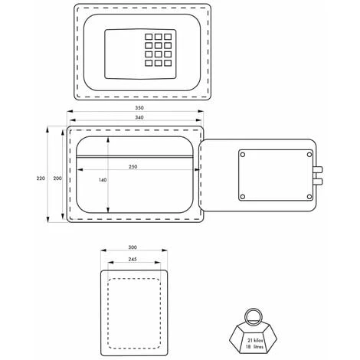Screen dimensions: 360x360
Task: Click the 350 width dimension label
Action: (139, 108)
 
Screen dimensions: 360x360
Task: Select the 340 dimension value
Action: (139, 117)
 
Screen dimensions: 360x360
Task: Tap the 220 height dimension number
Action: (41, 178)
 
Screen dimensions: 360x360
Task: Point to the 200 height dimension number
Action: (57, 178)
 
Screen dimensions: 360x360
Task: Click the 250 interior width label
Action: (133, 167)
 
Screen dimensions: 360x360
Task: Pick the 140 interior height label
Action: (103, 180)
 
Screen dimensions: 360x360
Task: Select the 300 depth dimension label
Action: (133, 247)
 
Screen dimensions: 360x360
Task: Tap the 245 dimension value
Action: (133, 259)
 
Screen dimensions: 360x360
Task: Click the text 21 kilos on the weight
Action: (255, 340)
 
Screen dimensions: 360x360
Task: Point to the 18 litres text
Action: (254, 347)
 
